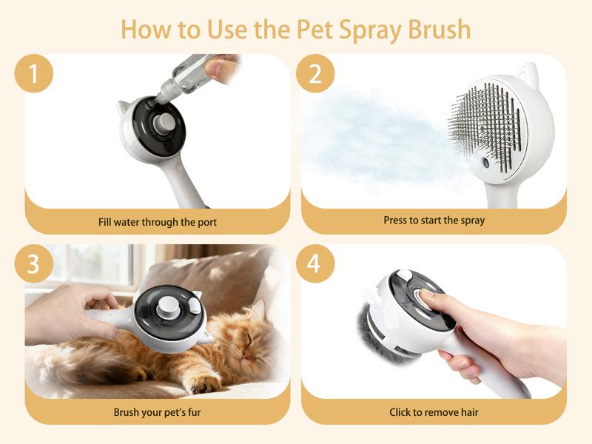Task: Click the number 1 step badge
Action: pyautogui.click(x=34, y=73)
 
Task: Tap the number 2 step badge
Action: pyautogui.click(x=315, y=73)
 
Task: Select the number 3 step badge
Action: pyautogui.click(x=34, y=263)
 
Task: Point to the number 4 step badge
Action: pyautogui.click(x=315, y=263)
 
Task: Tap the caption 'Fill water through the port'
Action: pyautogui.click(x=158, y=222)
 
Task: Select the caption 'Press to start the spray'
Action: pyautogui.click(x=434, y=220)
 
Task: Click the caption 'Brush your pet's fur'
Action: pyautogui.click(x=157, y=412)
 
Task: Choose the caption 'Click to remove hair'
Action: pyautogui.click(x=434, y=412)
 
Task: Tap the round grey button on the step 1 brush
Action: pyautogui.click(x=164, y=122)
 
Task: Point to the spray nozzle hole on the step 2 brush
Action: pyautogui.click(x=485, y=163)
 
